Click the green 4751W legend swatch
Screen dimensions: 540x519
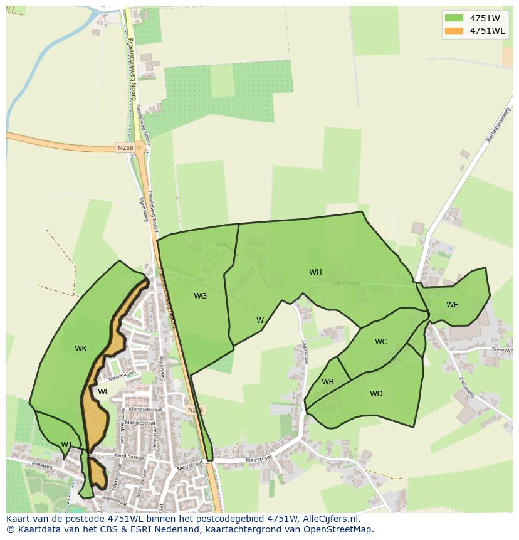454,18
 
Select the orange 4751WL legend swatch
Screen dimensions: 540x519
454,31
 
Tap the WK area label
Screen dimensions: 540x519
81,349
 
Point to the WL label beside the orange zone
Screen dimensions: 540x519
103,392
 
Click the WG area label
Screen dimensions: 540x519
200,296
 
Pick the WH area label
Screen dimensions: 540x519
315,272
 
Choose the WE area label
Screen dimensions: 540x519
452,305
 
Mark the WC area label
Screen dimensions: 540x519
381,342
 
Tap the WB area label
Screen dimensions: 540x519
328,382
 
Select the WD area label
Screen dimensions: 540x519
376,394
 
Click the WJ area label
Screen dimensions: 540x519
66,445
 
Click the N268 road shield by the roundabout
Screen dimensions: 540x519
125,148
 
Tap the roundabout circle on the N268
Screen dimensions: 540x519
139,148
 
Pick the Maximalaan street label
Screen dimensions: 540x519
122,376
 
